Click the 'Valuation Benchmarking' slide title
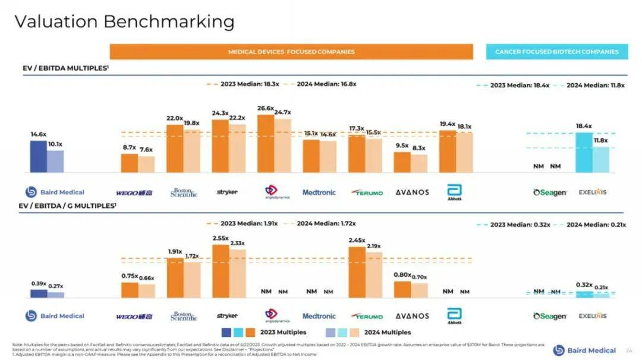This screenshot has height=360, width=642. [124, 21]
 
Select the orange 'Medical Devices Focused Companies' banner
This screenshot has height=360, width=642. [291, 52]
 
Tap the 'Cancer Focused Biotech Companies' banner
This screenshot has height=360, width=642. [556, 52]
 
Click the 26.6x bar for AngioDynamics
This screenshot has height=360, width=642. [266, 143]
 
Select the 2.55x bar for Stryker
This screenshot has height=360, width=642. [221, 270]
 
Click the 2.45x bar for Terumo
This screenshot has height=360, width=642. [357, 271]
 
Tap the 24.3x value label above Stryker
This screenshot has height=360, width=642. [220, 113]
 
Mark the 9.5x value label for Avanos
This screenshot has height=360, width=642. [402, 146]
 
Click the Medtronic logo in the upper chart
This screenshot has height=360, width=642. [319, 192]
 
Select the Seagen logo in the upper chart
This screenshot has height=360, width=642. [550, 192]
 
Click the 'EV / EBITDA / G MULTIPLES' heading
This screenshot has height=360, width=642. [69, 206]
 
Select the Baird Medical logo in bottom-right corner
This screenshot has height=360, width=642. [584, 350]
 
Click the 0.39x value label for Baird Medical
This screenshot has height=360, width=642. [39, 283]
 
